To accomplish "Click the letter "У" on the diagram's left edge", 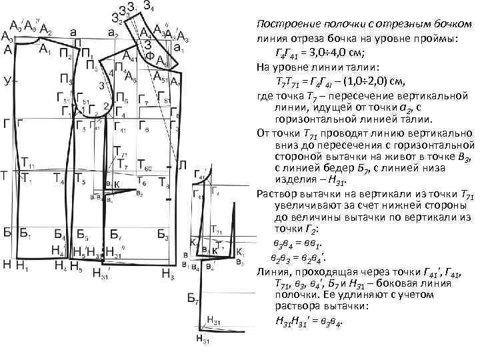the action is [x=7, y=81].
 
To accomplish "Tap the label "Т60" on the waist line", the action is [x=145, y=164].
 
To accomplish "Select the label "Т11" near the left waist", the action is [x=28, y=163].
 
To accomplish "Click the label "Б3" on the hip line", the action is [x=163, y=235].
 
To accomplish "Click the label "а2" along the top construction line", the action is [x=113, y=32].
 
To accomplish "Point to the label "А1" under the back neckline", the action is [x=44, y=49].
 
